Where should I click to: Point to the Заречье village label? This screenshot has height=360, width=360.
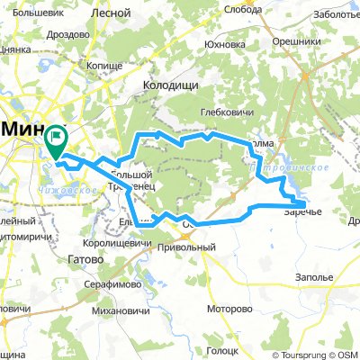pos(303,212)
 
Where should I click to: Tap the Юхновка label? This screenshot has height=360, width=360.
pos(224,43)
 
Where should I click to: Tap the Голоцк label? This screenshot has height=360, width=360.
pos(220,351)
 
